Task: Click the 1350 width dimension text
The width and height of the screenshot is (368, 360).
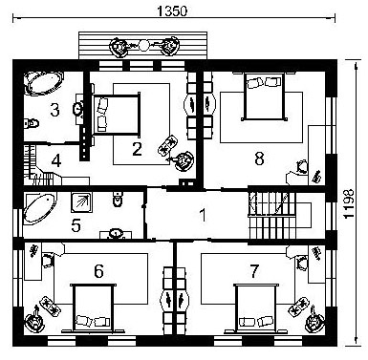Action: pos(172,11)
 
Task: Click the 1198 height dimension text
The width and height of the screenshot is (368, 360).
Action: pos(349,203)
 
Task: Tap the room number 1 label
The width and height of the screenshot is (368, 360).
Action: pos(203,215)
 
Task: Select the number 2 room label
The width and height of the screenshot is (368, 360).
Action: pos(137,149)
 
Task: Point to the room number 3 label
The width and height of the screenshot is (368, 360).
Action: pos(54,110)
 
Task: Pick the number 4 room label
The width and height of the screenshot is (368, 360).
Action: pos(56,160)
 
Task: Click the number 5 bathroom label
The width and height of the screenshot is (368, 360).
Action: pos(76,225)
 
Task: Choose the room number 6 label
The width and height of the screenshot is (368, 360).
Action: pos(98,271)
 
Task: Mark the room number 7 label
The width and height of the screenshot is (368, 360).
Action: pos(254,271)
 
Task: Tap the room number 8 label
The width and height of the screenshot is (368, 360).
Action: pos(259,159)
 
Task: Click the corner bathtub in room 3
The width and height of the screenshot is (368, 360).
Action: pos(44,83)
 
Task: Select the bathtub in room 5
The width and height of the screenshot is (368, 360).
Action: pos(39,208)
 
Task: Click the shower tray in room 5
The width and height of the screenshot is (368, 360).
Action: pos(81,201)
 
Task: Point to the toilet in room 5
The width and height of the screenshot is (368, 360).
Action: pos(118,199)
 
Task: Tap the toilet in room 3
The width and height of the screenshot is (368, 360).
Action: pos(32,123)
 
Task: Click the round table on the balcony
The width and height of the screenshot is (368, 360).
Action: pos(143,46)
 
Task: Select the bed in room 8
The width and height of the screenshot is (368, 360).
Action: pos(264,96)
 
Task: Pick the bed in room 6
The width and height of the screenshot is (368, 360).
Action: pos(94,308)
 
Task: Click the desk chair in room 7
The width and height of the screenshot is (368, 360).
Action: pos(301,264)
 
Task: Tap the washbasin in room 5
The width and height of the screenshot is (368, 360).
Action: pos(116,234)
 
